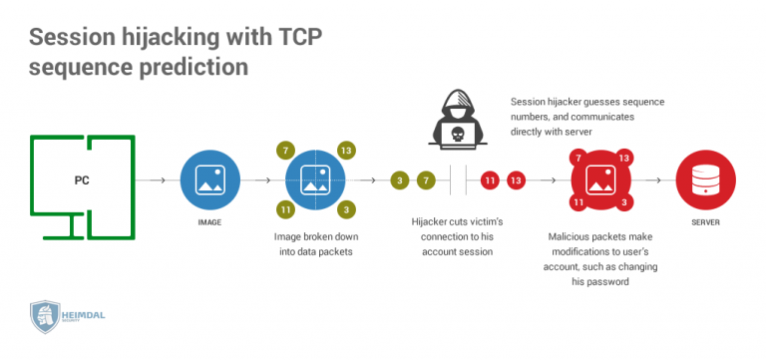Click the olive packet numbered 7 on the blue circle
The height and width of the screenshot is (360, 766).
pyautogui.click(x=284, y=150)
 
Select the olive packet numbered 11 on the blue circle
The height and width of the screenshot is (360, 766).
pyautogui.click(x=284, y=210)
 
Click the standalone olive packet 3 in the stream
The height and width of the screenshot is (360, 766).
pyautogui.click(x=399, y=180)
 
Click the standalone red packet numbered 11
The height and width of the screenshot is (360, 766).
pyautogui.click(x=490, y=180)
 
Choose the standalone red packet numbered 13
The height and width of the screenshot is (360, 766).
pyautogui.click(x=516, y=180)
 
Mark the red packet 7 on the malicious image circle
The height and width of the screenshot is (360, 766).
pyautogui.click(x=576, y=158)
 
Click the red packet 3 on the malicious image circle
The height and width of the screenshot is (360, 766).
pyautogui.click(x=623, y=202)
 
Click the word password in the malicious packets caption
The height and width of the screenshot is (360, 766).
pyautogui.click(x=590, y=283)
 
